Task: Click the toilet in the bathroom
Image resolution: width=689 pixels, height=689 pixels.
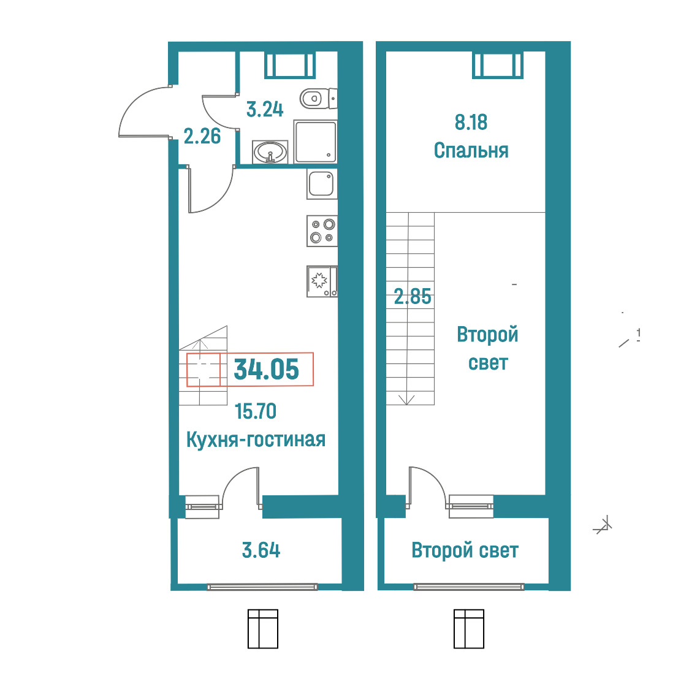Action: point(318,99)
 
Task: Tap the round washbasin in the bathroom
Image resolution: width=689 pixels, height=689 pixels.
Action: point(270,152)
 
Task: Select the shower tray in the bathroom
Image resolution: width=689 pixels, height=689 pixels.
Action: point(316,142)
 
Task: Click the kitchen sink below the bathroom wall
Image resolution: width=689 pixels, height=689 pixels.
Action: point(322,184)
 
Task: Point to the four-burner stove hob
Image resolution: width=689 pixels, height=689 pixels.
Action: point(322,230)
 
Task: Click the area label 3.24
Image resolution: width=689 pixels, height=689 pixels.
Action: point(265,109)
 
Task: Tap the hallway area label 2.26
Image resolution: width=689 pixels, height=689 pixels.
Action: point(202,137)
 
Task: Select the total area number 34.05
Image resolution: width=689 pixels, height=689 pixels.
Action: point(266,369)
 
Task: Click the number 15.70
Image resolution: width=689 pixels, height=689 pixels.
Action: point(255,411)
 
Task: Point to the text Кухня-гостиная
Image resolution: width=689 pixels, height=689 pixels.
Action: point(256,440)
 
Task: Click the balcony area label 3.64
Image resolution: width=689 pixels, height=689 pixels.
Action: point(261,550)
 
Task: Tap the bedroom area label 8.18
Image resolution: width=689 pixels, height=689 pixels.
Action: point(471,122)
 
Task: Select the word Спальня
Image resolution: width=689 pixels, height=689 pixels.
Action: point(471,151)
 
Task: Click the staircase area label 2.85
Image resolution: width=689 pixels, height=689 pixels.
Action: point(413,297)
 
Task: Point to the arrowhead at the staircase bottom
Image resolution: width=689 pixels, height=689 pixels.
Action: point(406,400)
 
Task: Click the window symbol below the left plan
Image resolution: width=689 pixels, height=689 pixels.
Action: point(263,629)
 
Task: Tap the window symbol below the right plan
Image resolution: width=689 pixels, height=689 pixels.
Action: point(469,629)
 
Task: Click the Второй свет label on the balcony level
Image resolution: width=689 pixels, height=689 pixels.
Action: point(465,550)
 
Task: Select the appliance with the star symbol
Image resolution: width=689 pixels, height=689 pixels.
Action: point(322,281)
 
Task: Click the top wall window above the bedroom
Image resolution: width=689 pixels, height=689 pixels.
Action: point(498,65)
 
